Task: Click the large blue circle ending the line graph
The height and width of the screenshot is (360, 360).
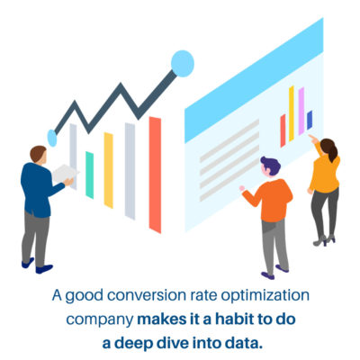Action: (183, 62)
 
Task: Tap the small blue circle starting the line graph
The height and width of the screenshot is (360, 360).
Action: (52, 138)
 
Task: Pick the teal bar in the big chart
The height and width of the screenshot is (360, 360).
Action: (89, 174)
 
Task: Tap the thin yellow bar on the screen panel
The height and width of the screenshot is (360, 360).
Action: (291, 112)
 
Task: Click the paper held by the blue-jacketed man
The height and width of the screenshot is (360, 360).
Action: (66, 174)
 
